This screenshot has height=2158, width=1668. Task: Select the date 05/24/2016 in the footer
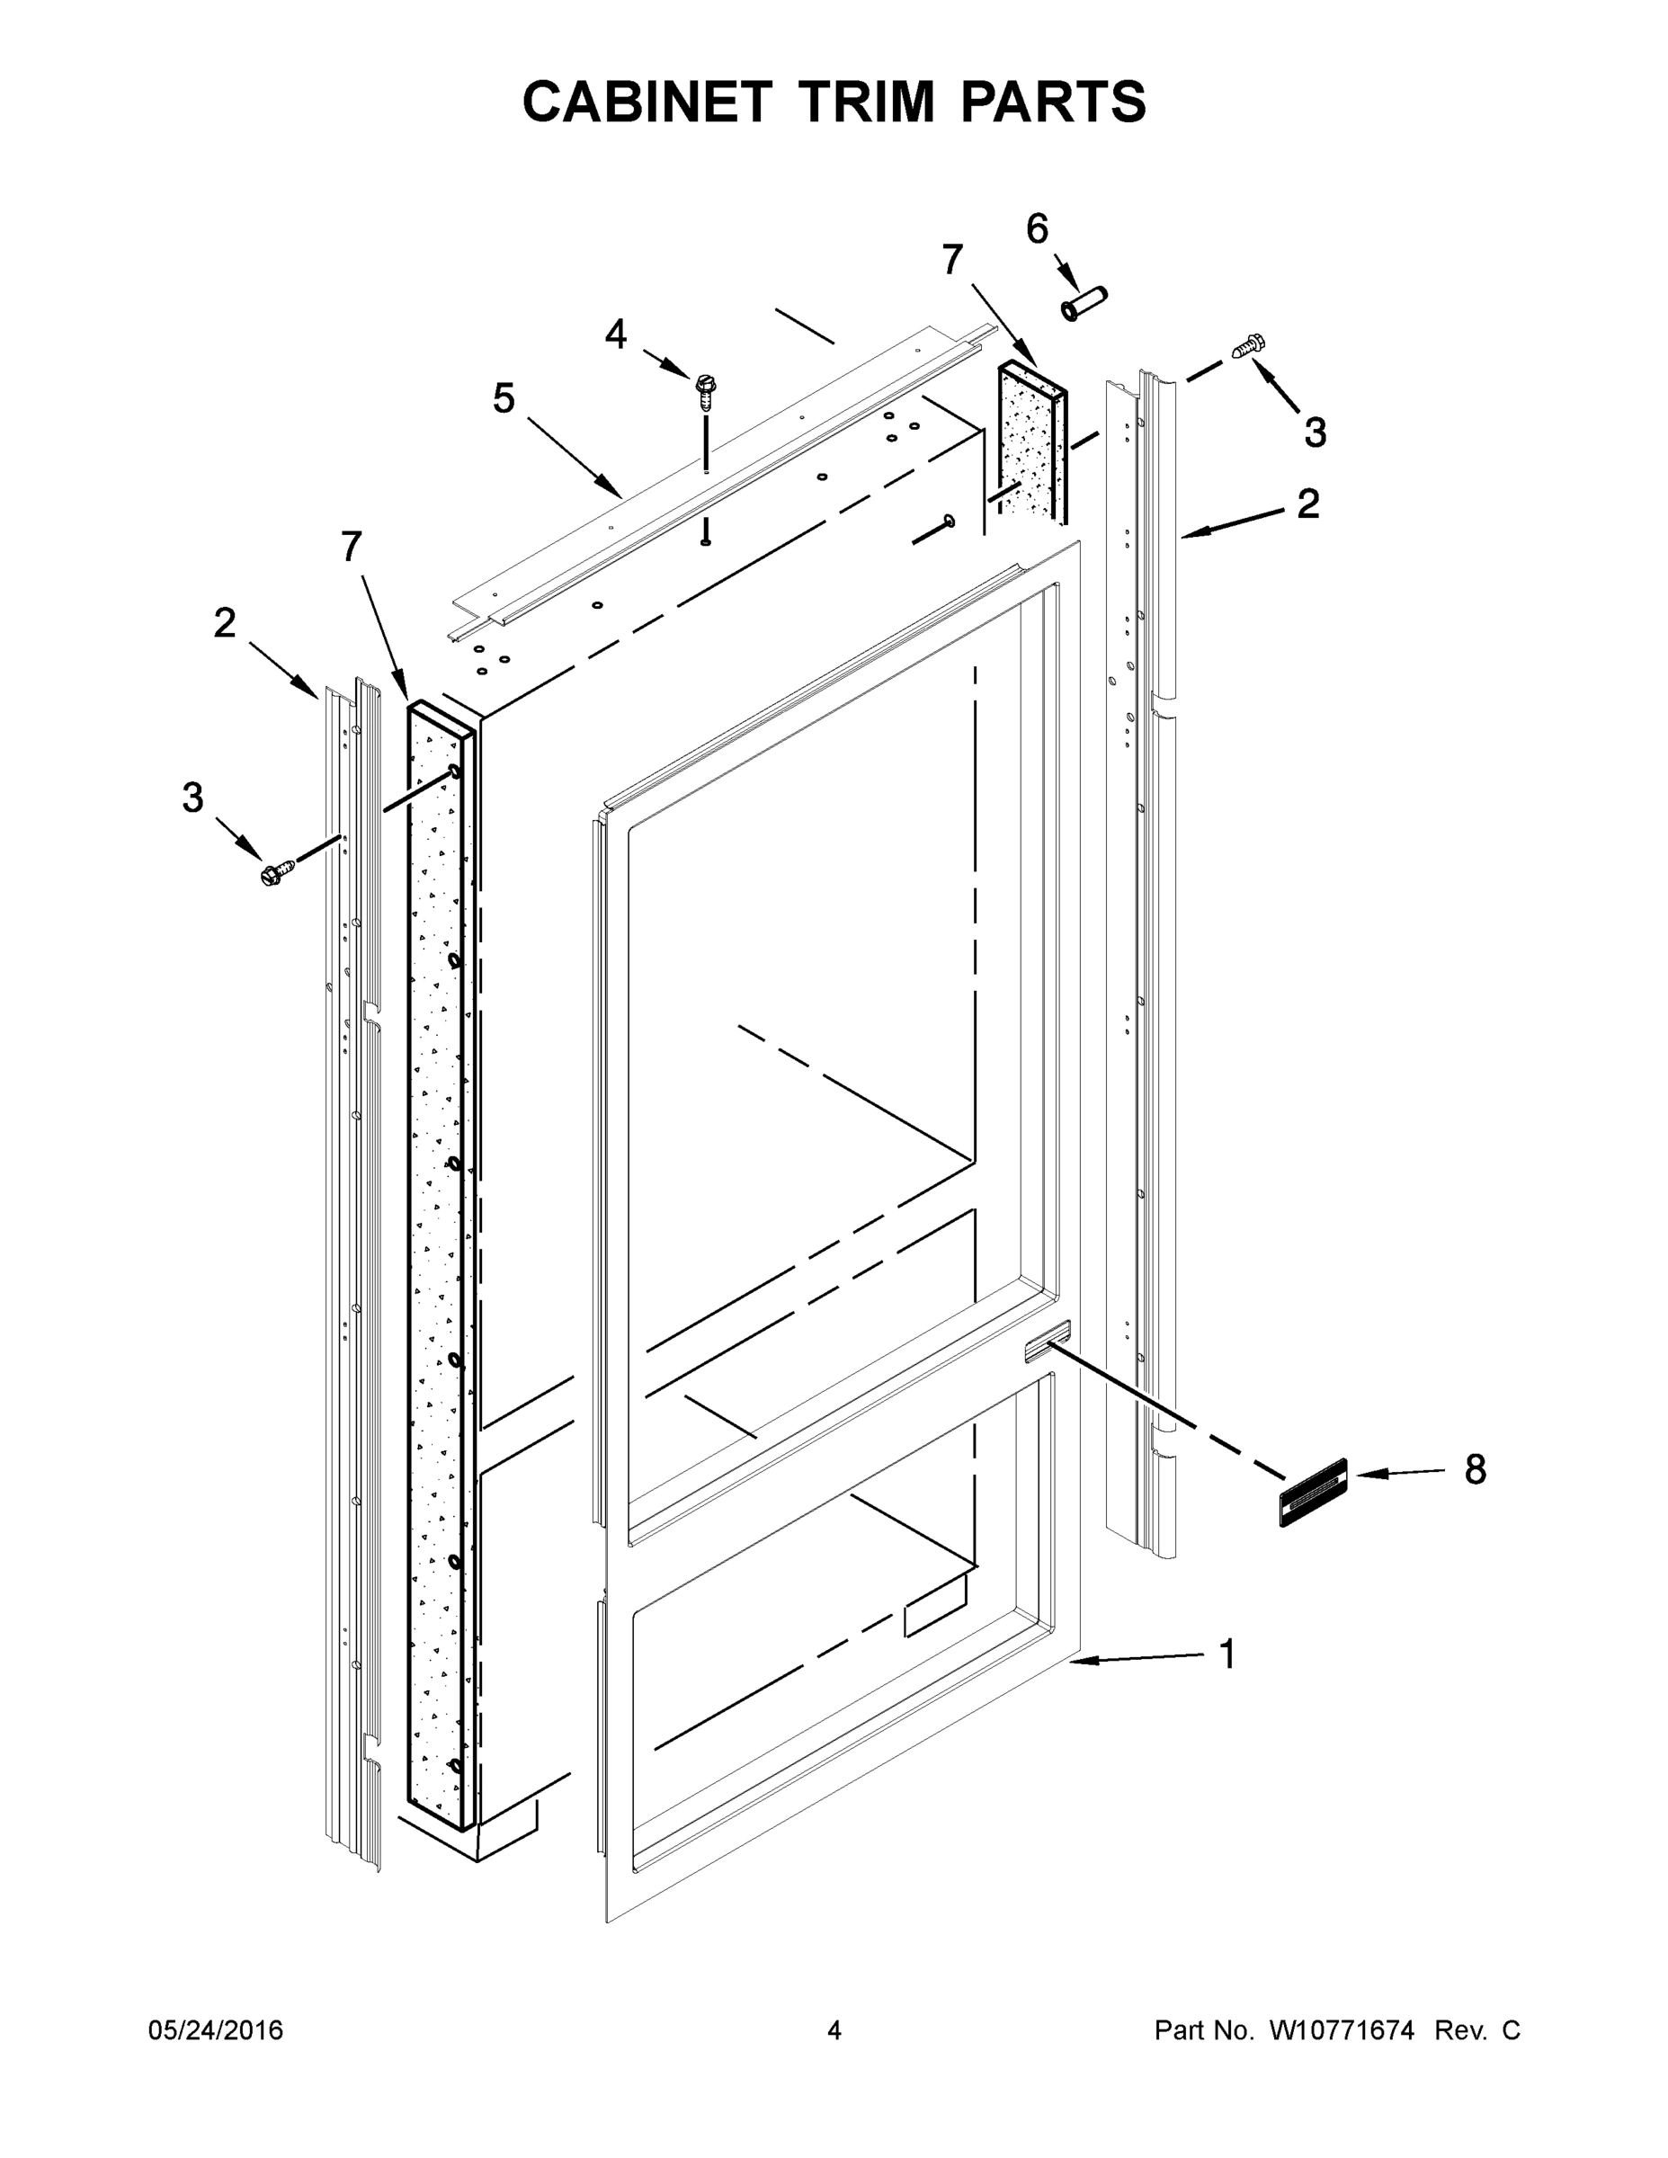pos(216,2029)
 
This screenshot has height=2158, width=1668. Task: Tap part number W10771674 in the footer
pos(1341,2029)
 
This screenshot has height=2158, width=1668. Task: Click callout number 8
pos(1475,1469)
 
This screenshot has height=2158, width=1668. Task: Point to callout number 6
pos(1037,229)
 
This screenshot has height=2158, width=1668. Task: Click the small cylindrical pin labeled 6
pos(1084,303)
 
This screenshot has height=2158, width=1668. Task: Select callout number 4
pos(615,335)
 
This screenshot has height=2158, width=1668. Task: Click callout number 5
pos(504,399)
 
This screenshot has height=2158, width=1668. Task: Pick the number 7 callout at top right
pos(951,260)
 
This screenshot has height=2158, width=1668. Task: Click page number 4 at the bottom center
pos(834,2029)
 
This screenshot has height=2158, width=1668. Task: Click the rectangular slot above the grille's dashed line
pos(1047,1342)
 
